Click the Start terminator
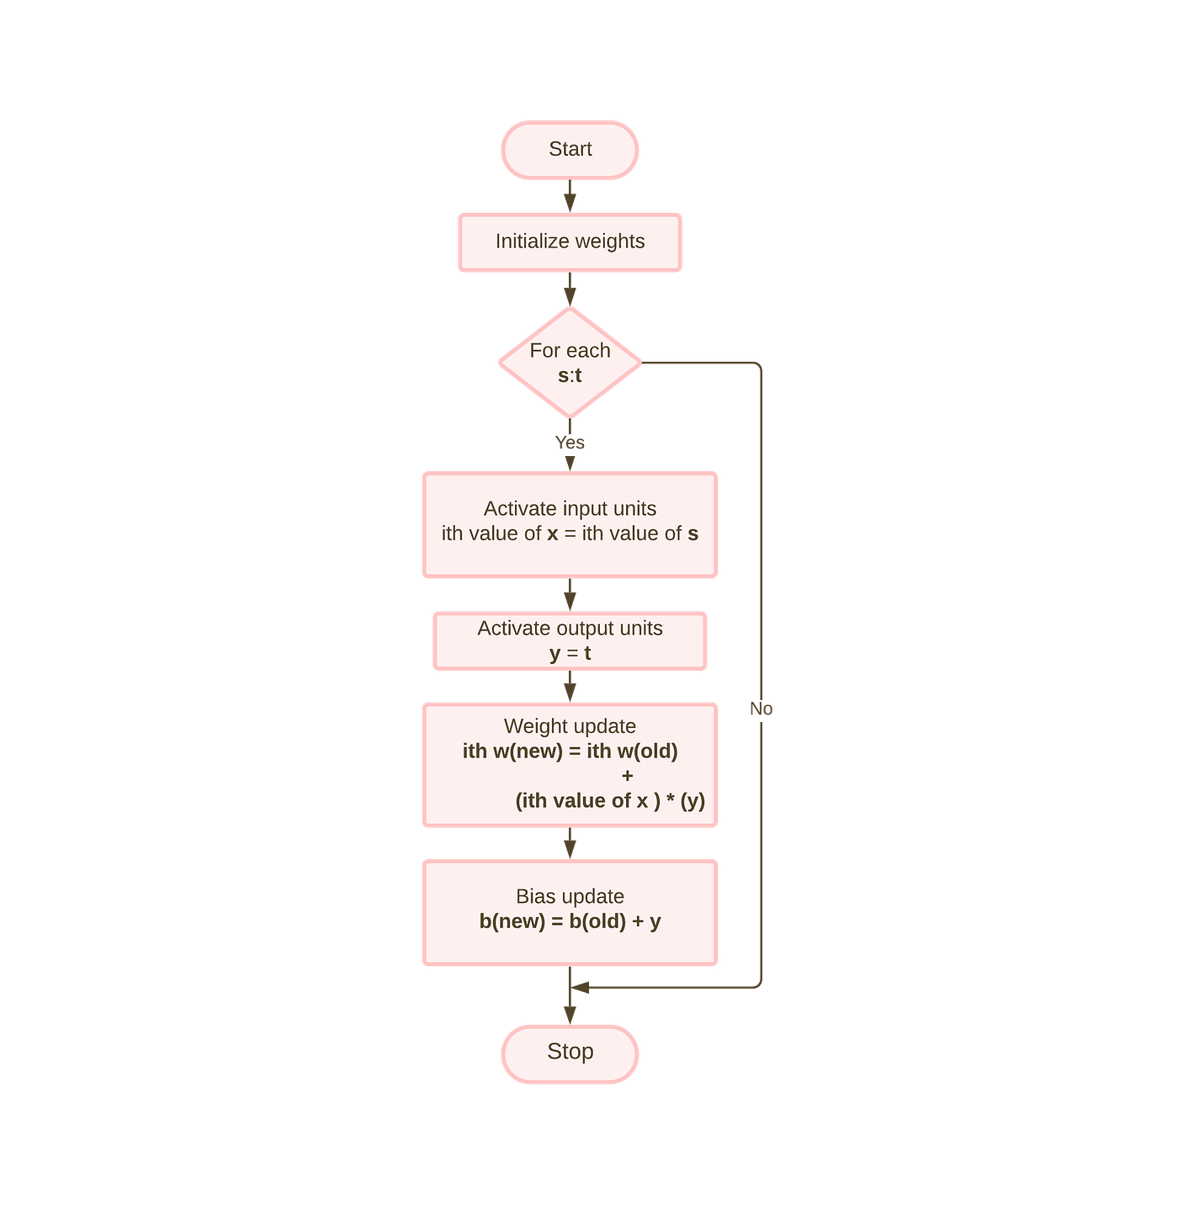pos(570,150)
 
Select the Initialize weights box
pos(570,242)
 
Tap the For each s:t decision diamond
pos(570,363)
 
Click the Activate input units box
pos(570,525)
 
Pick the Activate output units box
pos(570,640)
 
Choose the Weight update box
pos(570,764)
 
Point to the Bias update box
pos(570,912)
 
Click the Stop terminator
pos(570,1053)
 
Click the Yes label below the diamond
pos(570,443)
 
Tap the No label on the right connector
pos(761,709)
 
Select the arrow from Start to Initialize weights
pos(570,196)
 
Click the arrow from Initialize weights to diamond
pos(570,289)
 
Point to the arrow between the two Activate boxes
pos(570,595)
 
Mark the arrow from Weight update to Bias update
pos(570,843)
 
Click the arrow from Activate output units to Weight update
pos(570,687)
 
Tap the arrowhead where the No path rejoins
pos(581,987)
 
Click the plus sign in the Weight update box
pos(627,776)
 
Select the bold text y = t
pos(570,653)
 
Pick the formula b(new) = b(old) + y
pos(570,921)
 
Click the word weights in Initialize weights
pos(609,242)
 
